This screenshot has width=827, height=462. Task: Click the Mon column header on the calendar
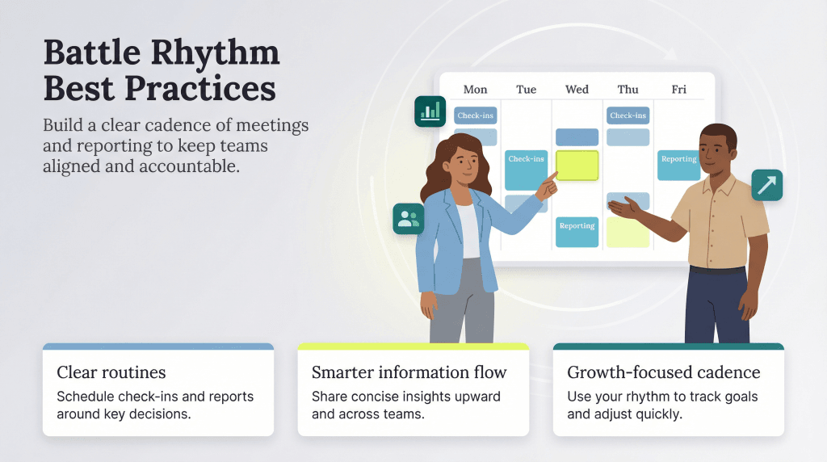coord(475,90)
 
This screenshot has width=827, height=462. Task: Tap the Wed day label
coord(577,90)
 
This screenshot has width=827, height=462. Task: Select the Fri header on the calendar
coord(678,90)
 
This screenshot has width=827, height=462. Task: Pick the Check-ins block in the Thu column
coord(628,115)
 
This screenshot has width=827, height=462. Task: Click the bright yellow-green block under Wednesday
coord(577,165)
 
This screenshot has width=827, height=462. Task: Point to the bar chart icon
coord(430,111)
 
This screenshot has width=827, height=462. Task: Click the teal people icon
coord(409,218)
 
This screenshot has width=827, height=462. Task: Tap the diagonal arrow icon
coord(766,185)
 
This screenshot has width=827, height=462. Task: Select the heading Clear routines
coord(111,372)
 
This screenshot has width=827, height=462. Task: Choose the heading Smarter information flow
coord(409,372)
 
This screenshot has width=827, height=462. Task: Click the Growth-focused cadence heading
coord(663,372)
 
